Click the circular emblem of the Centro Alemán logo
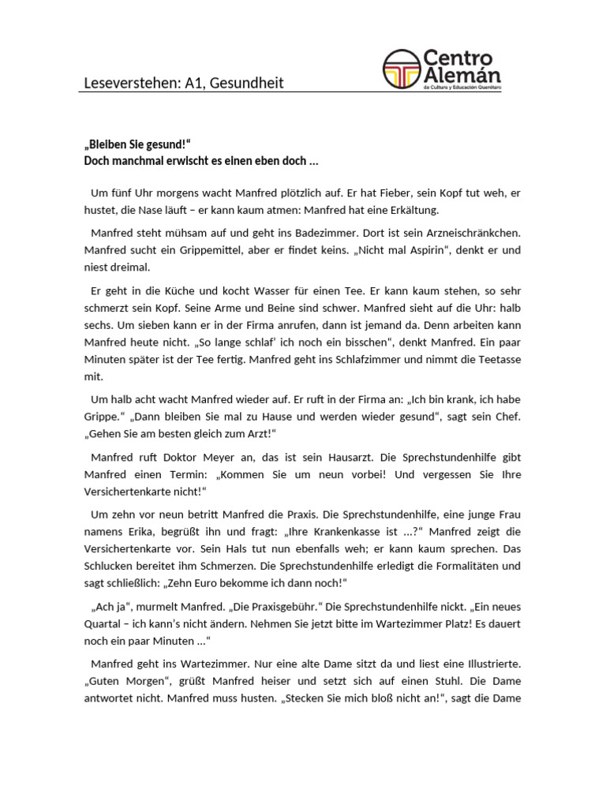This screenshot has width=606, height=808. (401, 69)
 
